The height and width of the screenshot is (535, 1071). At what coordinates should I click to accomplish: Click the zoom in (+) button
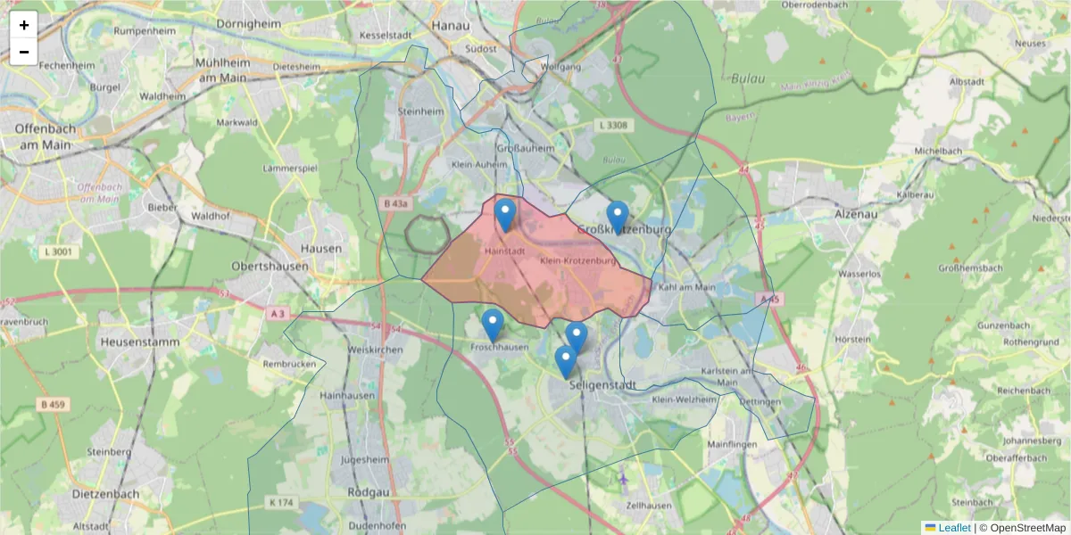(24, 25)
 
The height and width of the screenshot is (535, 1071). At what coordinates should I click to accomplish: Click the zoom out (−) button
(24, 52)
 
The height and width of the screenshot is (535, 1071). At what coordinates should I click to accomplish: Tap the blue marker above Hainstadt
(505, 215)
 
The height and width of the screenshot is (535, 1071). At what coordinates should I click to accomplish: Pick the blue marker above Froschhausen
(492, 325)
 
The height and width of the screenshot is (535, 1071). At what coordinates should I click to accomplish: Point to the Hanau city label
(450, 25)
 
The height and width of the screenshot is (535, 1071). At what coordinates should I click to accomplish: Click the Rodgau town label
(367, 492)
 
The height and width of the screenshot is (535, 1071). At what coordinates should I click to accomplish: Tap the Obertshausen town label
(270, 266)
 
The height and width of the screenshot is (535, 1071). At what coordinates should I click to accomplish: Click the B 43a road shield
(396, 204)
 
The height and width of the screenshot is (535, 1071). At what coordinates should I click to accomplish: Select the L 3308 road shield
(614, 126)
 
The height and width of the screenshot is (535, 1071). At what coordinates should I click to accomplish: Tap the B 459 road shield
(54, 404)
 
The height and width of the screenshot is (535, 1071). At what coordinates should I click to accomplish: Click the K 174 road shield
(280, 503)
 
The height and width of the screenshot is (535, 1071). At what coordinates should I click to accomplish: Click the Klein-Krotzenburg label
(578, 261)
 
